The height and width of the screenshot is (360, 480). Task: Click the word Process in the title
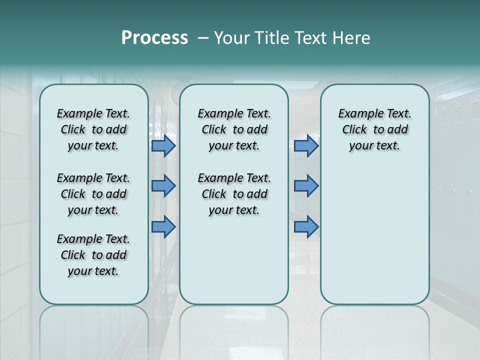(154, 38)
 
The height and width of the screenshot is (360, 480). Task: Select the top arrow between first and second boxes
(163, 146)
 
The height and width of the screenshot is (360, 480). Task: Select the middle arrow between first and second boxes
(163, 186)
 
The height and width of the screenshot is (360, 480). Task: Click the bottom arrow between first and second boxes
(163, 227)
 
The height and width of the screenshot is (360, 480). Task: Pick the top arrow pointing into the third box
(306, 146)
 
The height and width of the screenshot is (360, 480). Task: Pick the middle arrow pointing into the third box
(306, 186)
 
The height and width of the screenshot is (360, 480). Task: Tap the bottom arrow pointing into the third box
(306, 227)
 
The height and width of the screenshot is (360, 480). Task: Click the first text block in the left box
(93, 129)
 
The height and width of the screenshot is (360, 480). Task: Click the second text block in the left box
(93, 194)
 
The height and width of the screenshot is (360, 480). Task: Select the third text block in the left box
(93, 255)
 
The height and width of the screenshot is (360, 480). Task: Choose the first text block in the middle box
(234, 129)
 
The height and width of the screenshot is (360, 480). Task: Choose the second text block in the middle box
(234, 194)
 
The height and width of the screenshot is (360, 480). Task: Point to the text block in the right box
(374, 129)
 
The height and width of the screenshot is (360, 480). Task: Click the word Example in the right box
(357, 114)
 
